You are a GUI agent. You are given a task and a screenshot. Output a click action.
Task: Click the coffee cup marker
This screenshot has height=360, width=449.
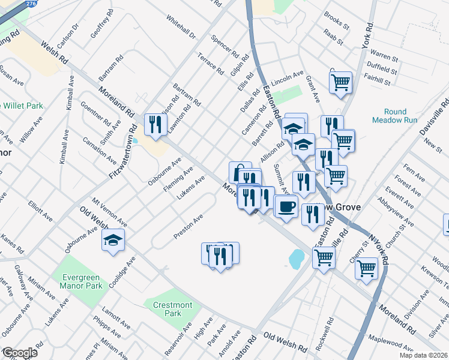click(286, 206)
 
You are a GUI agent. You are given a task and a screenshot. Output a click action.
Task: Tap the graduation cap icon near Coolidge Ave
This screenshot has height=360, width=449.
click(113, 241)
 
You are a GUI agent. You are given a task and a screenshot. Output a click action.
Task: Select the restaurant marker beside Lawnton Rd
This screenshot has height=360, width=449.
click(155, 125)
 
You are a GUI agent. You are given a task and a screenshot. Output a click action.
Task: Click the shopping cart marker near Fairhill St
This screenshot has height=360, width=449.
click(340, 82)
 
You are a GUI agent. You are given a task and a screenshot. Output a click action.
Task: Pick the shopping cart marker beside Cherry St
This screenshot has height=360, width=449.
click(366, 268)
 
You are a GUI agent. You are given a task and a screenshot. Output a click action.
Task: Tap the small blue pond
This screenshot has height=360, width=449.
click(296, 259)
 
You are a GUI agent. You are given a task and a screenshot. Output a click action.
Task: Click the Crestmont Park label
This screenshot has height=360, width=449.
click(172, 309)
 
